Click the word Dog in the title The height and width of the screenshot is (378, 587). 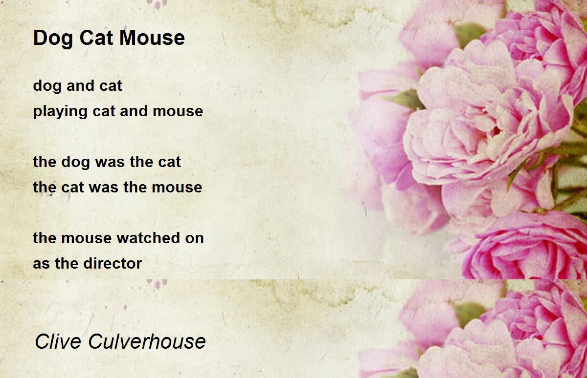[53, 39]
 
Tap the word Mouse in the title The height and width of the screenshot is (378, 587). [152, 38]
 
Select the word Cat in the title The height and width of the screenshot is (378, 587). [96, 38]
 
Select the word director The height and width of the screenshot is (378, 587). [113, 263]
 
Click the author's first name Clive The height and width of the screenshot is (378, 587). [58, 341]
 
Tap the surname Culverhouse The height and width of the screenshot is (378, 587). [147, 341]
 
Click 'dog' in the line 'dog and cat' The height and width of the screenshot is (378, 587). [47, 86]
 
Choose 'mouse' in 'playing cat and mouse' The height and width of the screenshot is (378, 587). [178, 112]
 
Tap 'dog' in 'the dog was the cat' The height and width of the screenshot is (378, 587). [76, 163]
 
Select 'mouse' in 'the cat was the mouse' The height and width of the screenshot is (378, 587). [177, 188]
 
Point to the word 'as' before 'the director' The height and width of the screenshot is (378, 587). [42, 264]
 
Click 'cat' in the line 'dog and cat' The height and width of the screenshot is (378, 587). [111, 86]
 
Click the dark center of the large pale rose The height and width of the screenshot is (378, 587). [495, 131]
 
